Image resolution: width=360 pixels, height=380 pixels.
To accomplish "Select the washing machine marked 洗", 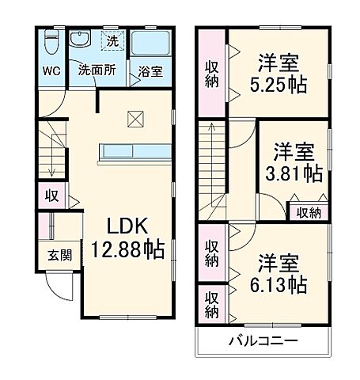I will click(x=112, y=39).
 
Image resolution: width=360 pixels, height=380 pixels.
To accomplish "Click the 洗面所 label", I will click(x=96, y=70).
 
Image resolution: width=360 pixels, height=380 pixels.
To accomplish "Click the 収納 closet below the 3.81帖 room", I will click(x=309, y=211).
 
